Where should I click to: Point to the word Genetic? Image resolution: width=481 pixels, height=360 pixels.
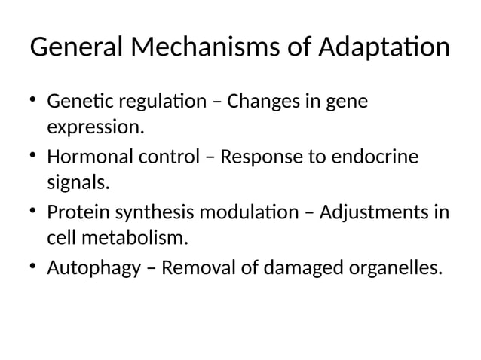(x=75, y=101)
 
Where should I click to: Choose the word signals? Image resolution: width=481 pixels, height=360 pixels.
(x=78, y=183)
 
